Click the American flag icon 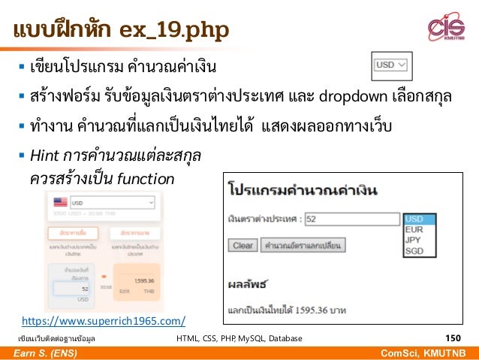pos(59,202)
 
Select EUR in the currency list pos(414,229)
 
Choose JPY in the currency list pos(414,241)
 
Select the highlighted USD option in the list pos(414,219)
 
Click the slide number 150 pos(454,338)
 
